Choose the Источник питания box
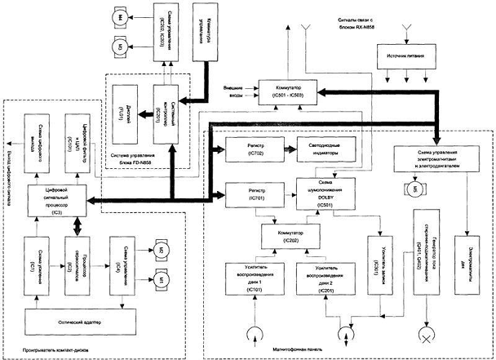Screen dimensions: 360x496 click(409, 56)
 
